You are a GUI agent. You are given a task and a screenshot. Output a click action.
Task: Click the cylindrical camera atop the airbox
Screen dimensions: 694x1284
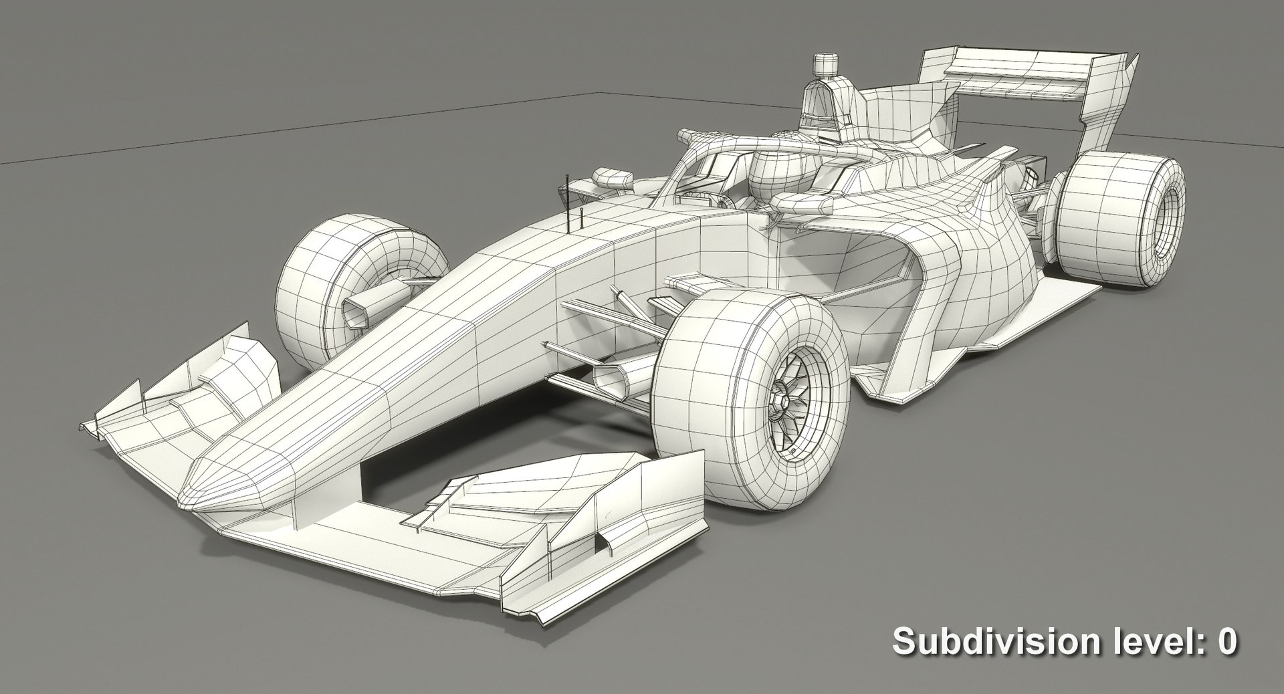coord(823,65)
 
